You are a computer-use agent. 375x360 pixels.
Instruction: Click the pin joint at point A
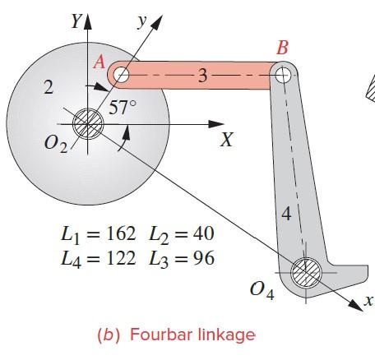122,76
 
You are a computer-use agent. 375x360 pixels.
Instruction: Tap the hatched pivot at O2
86,126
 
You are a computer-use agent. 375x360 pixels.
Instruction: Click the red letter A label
100,61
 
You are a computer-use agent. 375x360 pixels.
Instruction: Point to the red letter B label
282,49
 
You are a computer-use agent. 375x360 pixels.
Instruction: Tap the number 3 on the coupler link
202,76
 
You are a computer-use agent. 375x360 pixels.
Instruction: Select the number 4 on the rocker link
285,215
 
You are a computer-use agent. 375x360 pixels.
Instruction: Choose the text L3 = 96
182,259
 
